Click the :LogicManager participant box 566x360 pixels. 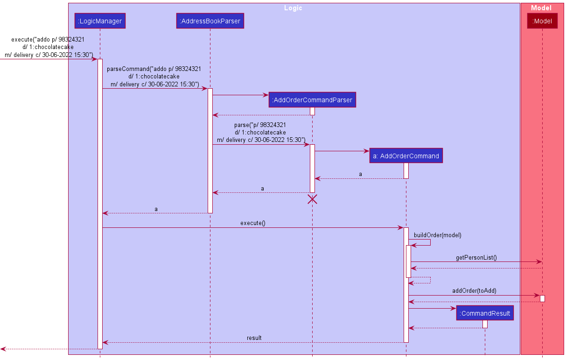point(100,21)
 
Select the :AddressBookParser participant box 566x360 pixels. point(210,21)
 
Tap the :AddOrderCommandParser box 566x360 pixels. point(312,100)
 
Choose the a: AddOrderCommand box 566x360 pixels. point(406,156)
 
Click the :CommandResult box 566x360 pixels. point(485,313)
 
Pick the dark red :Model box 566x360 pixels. point(542,21)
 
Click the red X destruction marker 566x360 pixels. point(312,199)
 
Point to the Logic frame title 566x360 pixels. point(293,8)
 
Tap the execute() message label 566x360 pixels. point(253,223)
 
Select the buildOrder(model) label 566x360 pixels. point(437,235)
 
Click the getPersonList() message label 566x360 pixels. point(476,257)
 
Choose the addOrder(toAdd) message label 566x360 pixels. point(474,290)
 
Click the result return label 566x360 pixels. point(254,338)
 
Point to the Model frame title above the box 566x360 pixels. point(541,8)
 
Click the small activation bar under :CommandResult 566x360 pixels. point(485,324)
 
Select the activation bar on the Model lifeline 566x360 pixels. point(542,298)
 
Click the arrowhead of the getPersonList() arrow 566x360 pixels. point(539,262)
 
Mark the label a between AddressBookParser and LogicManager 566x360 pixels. point(156,209)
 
